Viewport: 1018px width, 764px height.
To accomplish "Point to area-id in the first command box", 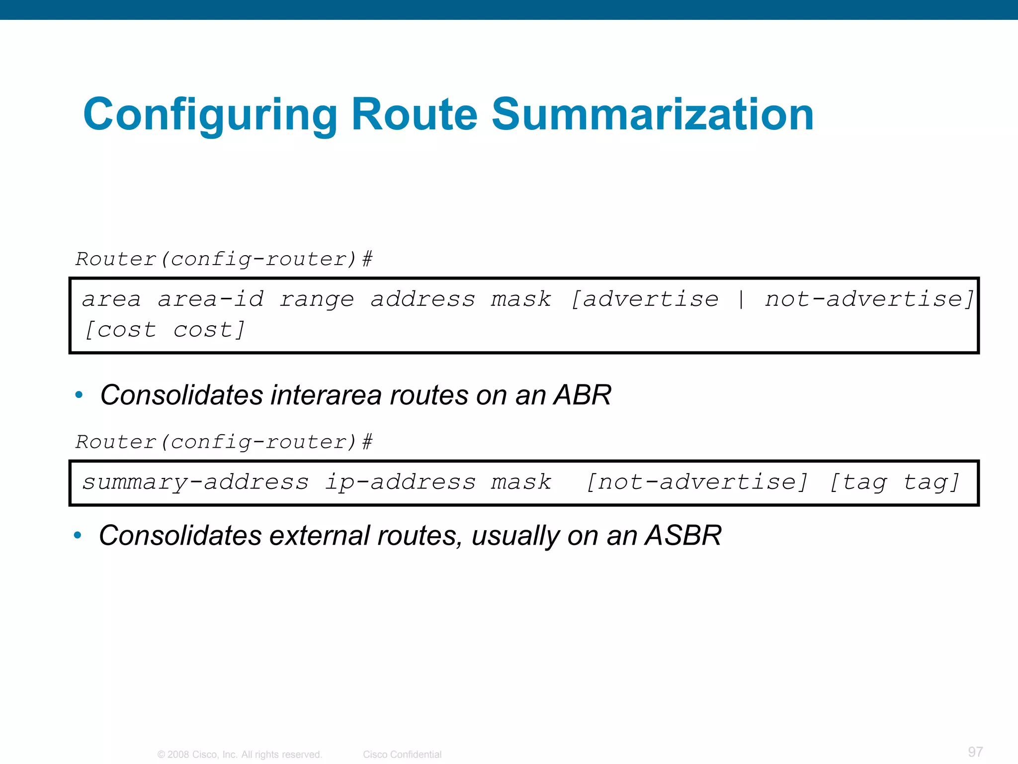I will click(x=211, y=299).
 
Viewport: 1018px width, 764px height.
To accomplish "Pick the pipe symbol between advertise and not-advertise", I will click(x=741, y=299).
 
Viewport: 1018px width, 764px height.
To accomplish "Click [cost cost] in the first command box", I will click(x=165, y=330).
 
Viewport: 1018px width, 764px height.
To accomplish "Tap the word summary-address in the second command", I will click(x=195, y=482).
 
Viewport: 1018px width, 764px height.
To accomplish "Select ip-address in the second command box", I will click(x=400, y=482).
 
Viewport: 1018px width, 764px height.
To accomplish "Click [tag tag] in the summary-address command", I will click(x=895, y=482).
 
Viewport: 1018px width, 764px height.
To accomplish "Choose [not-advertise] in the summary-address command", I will click(x=697, y=482).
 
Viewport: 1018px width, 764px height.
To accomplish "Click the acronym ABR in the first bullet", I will click(x=583, y=395).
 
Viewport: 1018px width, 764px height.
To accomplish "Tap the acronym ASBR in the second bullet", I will click(x=683, y=536).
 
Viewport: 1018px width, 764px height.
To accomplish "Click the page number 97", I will click(x=975, y=752).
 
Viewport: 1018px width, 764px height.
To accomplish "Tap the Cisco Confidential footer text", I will click(x=402, y=755).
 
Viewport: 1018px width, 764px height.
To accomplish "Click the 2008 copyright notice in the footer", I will click(x=240, y=755).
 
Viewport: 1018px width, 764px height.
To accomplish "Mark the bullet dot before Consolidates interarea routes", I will click(x=79, y=395).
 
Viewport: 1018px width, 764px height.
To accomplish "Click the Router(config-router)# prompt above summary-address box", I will click(x=224, y=442).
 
